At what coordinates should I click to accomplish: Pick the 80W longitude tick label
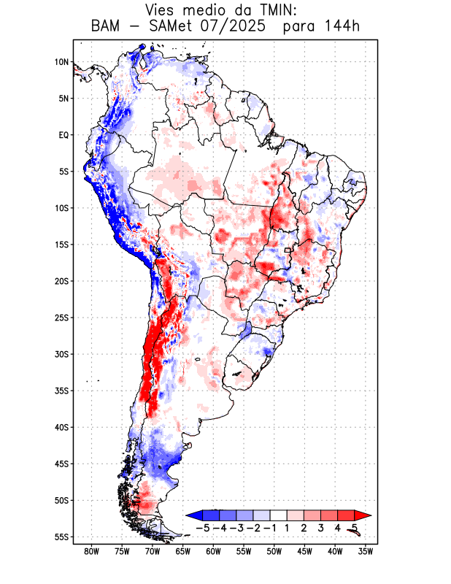[91, 552]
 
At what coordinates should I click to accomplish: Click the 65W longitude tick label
[183, 552]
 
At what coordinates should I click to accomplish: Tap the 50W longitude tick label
[274, 552]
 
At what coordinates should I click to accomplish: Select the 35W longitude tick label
[366, 552]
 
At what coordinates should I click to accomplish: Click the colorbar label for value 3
[321, 527]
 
